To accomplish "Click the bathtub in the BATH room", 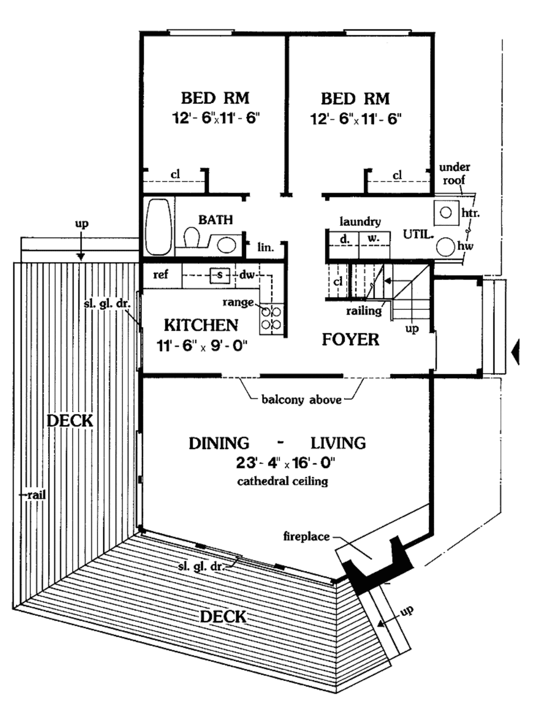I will [x=159, y=227].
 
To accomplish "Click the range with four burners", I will [x=271, y=318].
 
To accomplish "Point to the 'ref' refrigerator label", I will [x=161, y=275].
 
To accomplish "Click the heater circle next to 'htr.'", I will [x=446, y=213].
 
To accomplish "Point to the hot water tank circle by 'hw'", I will [x=446, y=247].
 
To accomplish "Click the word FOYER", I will [x=351, y=340].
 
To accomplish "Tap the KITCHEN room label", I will [x=201, y=325].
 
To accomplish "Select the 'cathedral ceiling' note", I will [x=283, y=481].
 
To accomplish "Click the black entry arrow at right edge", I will [x=515, y=353].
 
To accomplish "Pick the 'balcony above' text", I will [x=301, y=400].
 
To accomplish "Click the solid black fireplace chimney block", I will [x=377, y=572].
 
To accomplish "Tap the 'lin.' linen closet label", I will [x=265, y=247].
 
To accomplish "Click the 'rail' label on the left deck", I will [x=35, y=495].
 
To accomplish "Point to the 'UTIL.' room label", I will [x=418, y=234].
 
